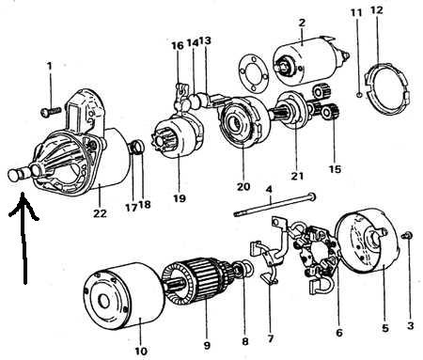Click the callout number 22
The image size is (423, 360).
(100, 213)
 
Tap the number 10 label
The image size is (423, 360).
(141, 351)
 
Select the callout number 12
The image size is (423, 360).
(377, 10)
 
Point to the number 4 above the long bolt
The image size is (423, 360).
(269, 190)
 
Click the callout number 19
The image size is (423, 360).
(180, 198)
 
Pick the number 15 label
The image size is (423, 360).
(335, 169)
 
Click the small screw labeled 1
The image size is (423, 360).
(51, 111)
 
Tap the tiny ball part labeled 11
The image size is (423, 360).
(360, 94)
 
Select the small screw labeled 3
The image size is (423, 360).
(408, 235)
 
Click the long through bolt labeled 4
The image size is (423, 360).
(274, 205)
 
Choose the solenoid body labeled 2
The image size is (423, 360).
(307, 61)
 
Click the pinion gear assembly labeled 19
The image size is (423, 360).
(176, 138)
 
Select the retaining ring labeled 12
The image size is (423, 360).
(387, 88)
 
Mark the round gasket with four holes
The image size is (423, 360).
(254, 74)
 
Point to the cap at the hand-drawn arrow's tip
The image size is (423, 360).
(13, 175)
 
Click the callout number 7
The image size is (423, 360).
(271, 338)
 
